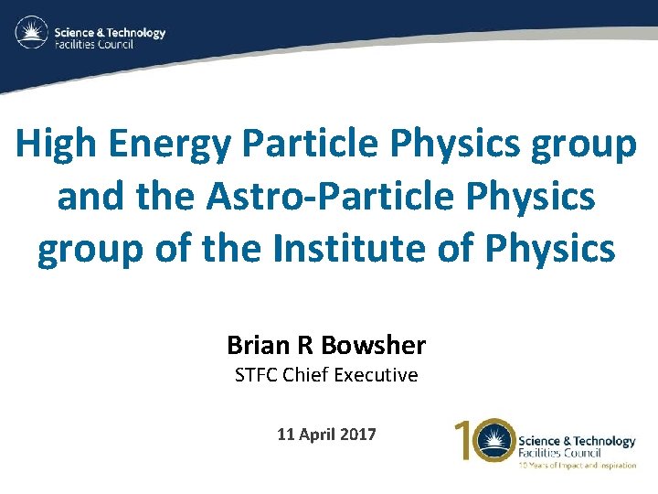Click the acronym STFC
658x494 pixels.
tap(258, 375)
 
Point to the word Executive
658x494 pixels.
tap(378, 375)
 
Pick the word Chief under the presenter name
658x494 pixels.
tap(310, 375)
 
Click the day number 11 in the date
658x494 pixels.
tap(285, 435)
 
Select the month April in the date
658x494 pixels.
tap(316, 435)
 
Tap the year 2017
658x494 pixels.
tap(357, 435)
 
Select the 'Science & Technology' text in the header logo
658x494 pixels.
tap(110, 32)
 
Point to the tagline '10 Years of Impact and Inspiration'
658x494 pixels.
tap(577, 466)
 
